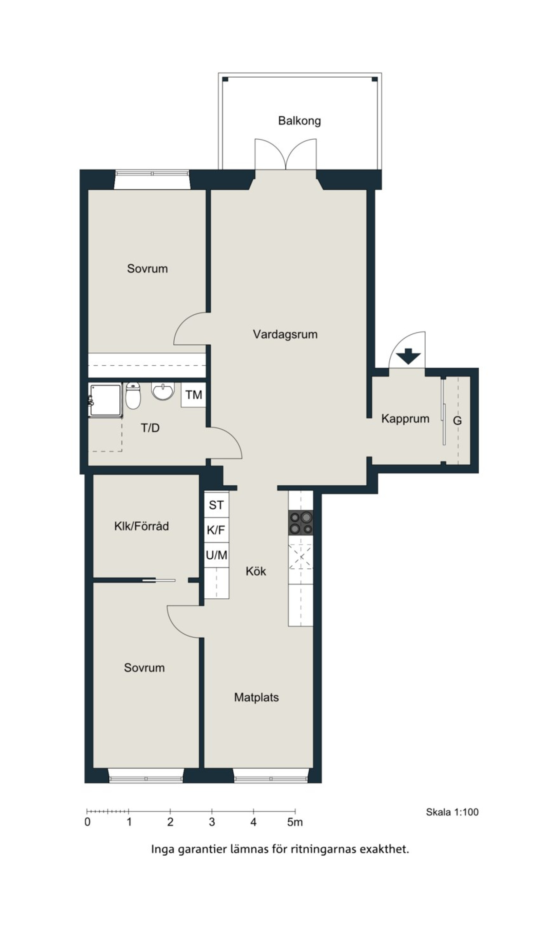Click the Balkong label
click(300, 121)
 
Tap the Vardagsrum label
click(285, 334)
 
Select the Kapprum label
click(405, 419)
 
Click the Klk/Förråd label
click(142, 526)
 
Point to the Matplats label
click(256, 697)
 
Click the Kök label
click(256, 571)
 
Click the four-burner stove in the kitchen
click(301, 522)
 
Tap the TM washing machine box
click(194, 395)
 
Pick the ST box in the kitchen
click(217, 505)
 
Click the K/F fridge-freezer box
click(217, 530)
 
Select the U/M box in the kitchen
click(217, 555)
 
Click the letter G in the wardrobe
click(457, 421)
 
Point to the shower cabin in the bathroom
click(106, 400)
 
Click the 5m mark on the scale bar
click(295, 822)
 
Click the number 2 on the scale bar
click(170, 822)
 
